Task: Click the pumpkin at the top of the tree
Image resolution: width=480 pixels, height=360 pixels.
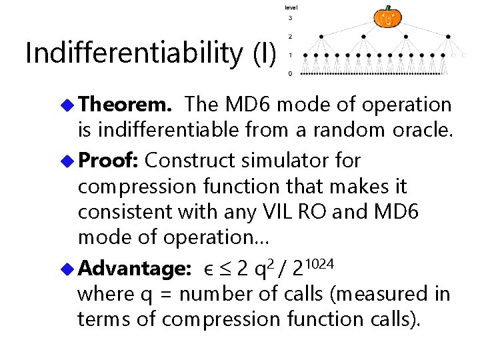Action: (x=387, y=17)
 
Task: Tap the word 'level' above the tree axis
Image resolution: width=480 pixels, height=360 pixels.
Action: (x=291, y=7)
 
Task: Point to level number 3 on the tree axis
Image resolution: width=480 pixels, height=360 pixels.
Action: (x=290, y=18)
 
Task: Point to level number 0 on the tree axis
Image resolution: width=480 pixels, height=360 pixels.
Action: (x=289, y=73)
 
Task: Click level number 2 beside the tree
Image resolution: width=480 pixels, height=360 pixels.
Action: (x=290, y=36)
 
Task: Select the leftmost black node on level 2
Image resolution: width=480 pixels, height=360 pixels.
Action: (x=321, y=36)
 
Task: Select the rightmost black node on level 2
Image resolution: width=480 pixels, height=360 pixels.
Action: (x=447, y=36)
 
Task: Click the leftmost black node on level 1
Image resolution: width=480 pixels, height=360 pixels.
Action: (x=306, y=55)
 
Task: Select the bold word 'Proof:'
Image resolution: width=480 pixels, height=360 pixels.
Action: (x=109, y=161)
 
